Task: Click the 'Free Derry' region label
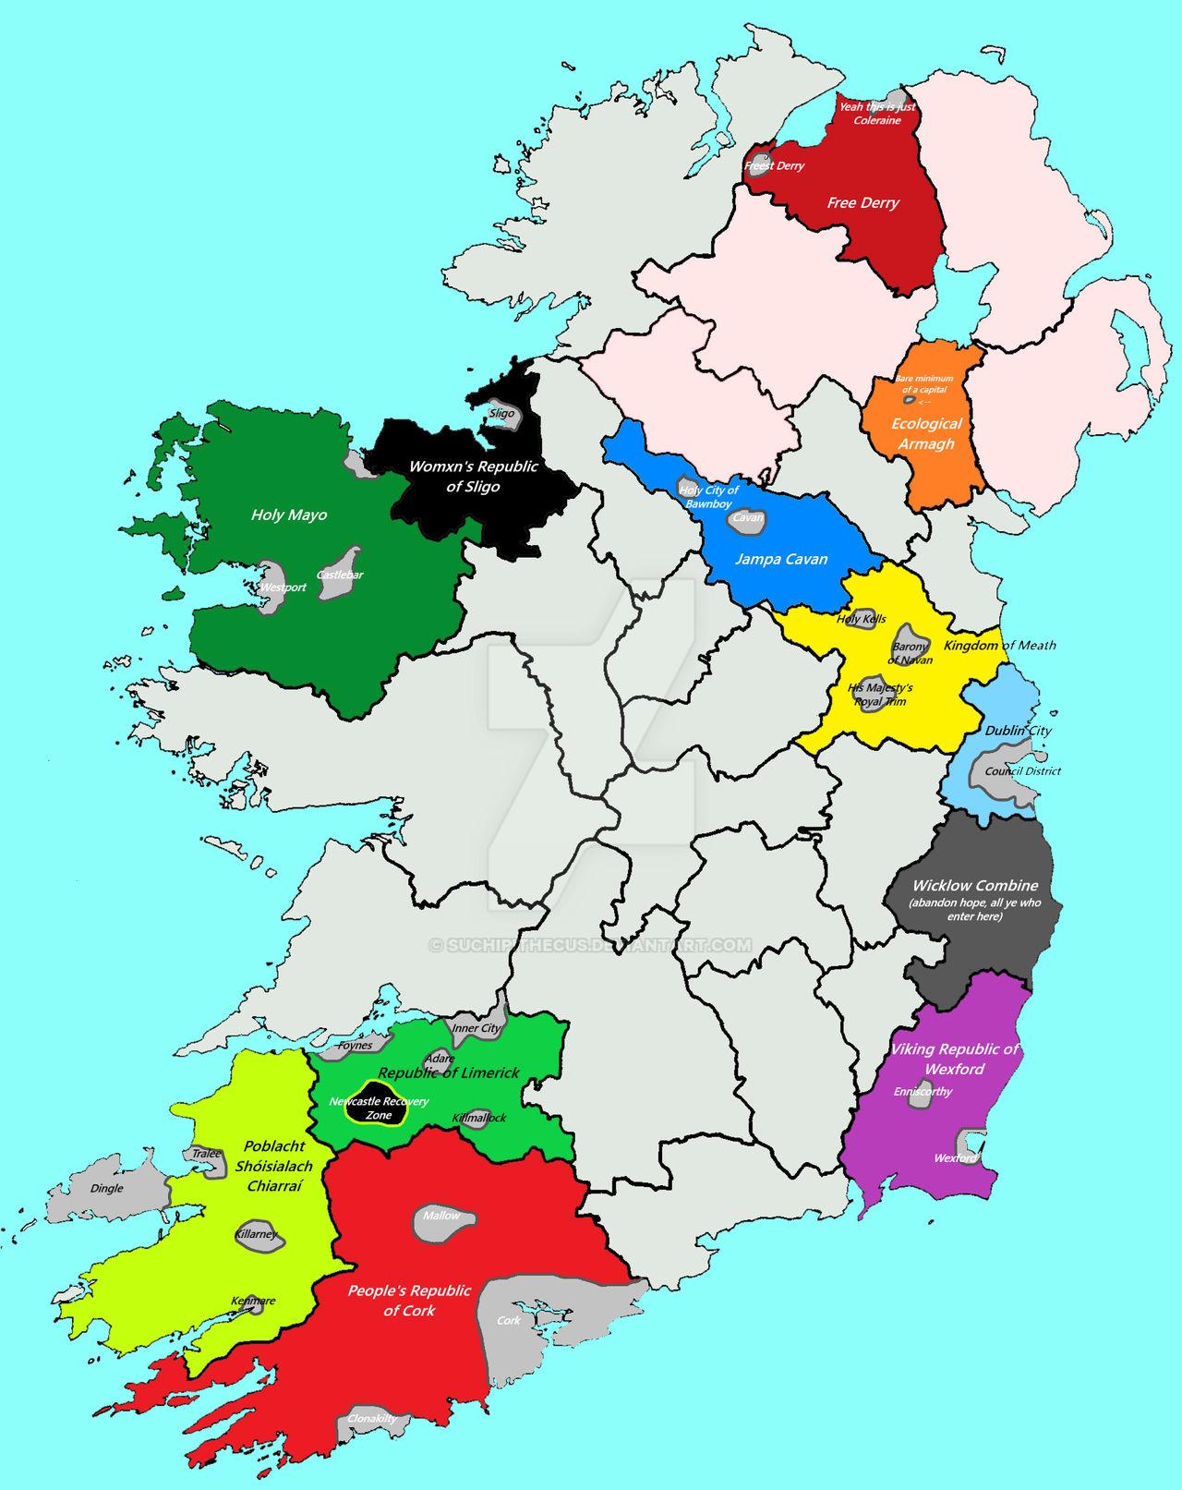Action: click(x=862, y=203)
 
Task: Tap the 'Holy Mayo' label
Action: click(x=289, y=515)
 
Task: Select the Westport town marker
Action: click(x=271, y=587)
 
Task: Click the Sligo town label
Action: click(x=502, y=413)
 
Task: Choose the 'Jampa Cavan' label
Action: click(x=781, y=559)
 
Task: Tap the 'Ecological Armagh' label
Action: click(x=926, y=433)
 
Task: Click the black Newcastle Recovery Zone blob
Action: click(x=378, y=1107)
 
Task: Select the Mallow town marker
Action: click(x=441, y=1217)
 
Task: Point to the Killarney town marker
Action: click(x=258, y=1235)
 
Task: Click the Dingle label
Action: click(x=107, y=1188)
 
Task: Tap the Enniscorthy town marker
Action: click(x=923, y=1092)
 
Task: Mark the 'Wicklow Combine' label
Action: click(x=975, y=885)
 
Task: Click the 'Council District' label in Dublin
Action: click(x=1022, y=770)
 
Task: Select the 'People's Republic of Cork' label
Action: click(x=409, y=1300)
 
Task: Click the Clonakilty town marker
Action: click(x=371, y=1419)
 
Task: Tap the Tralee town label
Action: click(x=207, y=1154)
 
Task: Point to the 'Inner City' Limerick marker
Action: click(x=476, y=1027)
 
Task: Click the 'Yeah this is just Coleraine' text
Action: click(x=876, y=113)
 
